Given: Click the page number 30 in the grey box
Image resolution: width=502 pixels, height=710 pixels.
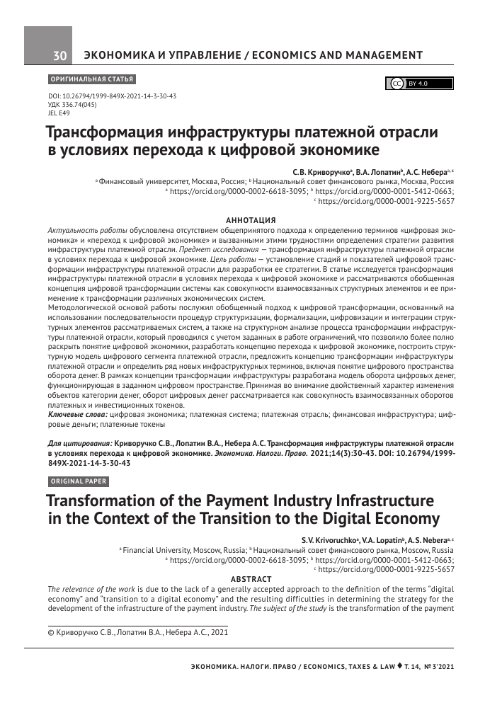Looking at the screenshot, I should click(59, 56).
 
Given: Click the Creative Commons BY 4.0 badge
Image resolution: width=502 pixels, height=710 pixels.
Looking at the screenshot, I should click(418, 84).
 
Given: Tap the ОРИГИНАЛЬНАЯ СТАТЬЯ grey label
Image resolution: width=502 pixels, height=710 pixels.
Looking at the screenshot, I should click(91, 79).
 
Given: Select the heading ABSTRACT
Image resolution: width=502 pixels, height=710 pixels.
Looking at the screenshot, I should click(251, 578).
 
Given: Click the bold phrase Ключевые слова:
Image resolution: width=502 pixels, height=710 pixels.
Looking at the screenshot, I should click(77, 413).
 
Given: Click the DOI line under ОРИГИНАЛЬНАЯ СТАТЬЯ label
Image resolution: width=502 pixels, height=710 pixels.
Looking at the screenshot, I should click(111, 96).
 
